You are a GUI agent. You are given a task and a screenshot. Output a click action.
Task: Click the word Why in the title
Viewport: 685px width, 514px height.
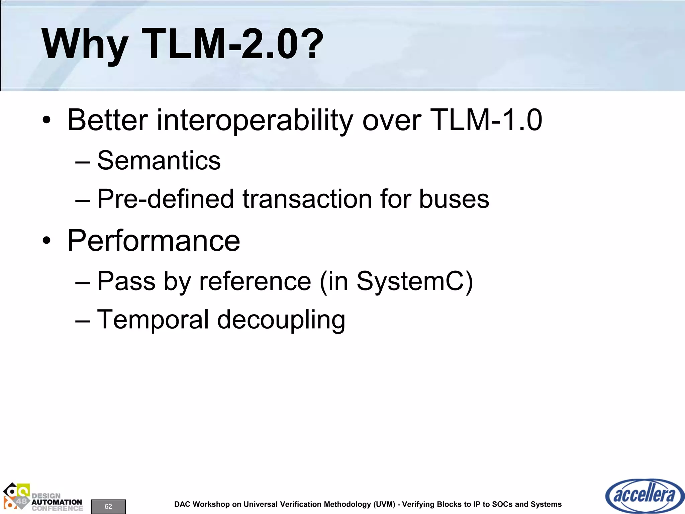(x=85, y=45)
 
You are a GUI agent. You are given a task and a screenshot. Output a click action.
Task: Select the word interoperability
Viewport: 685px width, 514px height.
(x=255, y=120)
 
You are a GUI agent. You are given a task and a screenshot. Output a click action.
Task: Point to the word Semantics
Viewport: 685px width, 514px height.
(x=159, y=161)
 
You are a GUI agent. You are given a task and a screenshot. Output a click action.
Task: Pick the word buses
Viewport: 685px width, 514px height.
(x=454, y=199)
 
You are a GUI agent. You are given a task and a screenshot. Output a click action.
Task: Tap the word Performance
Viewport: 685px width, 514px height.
(x=154, y=241)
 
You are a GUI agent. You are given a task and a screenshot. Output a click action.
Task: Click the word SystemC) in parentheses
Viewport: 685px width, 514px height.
(x=415, y=281)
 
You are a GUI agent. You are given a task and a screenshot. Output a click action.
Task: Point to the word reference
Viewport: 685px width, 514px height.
(x=255, y=281)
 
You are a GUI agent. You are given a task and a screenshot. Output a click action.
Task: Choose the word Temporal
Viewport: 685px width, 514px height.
(x=153, y=320)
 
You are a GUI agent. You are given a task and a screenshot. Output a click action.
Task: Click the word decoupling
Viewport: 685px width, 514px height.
(x=281, y=320)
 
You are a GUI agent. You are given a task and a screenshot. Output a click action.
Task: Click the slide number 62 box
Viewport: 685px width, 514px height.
(x=108, y=506)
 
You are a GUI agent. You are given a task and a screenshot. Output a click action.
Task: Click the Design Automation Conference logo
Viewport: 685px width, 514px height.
(x=43, y=498)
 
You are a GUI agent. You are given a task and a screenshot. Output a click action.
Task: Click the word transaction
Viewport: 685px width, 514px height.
(x=307, y=199)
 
